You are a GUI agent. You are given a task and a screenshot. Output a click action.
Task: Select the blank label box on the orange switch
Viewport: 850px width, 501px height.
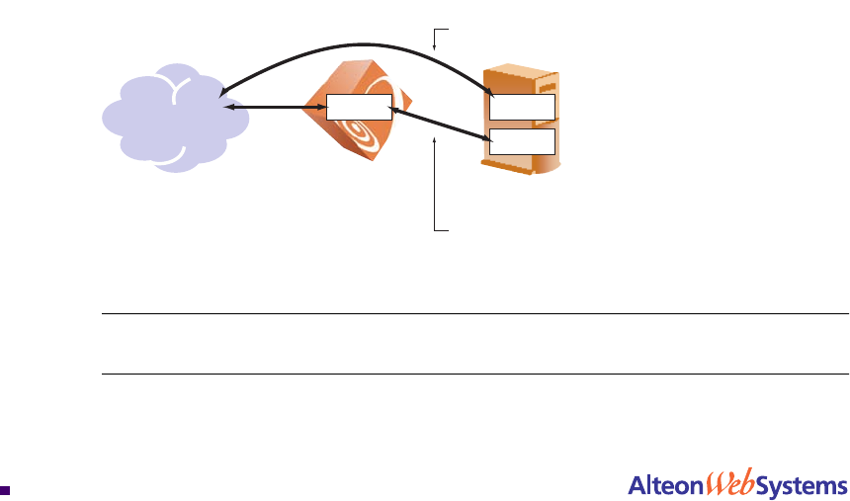point(359,106)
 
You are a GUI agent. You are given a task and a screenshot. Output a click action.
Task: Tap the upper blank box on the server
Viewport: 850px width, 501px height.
point(523,106)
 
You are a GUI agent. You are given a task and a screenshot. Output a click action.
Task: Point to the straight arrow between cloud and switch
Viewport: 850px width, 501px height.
point(277,106)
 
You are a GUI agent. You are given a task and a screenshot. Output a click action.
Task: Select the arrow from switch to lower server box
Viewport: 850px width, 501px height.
point(440,125)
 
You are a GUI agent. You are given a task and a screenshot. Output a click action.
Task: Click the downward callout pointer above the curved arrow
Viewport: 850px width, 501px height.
point(435,40)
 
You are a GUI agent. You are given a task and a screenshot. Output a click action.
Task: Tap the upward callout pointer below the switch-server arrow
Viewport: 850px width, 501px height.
point(435,183)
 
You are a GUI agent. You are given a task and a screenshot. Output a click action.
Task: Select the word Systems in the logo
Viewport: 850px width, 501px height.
point(801,485)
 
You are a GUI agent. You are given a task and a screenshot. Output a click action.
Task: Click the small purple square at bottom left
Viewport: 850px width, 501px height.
point(5,488)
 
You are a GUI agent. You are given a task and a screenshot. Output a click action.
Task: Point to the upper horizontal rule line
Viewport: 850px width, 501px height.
point(474,314)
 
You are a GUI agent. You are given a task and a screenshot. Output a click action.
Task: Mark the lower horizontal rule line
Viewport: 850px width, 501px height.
point(474,374)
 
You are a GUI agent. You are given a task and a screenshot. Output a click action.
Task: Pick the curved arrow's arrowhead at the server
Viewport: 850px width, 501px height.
point(490,95)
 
